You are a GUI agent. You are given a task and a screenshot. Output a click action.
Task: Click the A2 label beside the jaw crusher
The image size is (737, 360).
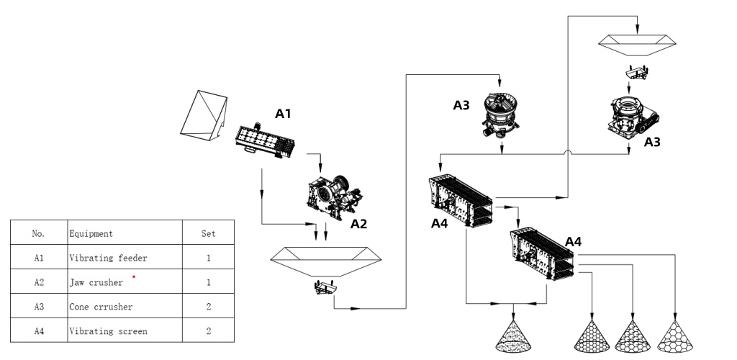point(359,224)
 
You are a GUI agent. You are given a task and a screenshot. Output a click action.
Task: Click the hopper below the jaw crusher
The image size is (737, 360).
point(325,261)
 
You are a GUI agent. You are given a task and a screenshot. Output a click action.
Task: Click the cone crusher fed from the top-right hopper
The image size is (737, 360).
point(631,116)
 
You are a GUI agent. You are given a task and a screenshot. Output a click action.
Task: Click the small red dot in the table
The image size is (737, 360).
point(133,276)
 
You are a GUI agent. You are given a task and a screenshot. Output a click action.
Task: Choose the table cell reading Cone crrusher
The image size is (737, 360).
point(101,307)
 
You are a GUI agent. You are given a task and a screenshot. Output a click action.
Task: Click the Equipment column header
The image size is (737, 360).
point(91,233)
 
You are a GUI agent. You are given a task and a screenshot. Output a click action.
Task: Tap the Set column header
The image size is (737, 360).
point(208,233)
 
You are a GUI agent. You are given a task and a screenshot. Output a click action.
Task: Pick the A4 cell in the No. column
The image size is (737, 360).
point(39,331)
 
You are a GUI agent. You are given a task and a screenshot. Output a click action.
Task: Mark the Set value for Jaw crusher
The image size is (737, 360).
point(208,282)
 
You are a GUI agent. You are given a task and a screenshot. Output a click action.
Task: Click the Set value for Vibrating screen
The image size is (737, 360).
point(208,331)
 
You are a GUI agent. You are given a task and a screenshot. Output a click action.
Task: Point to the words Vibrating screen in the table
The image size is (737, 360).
point(108,331)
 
